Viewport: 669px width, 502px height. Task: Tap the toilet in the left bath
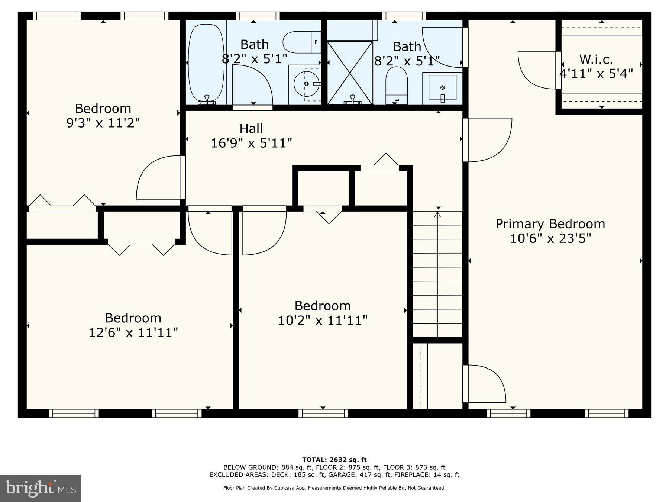click(301, 42)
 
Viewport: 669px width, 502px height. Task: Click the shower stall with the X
click(350, 73)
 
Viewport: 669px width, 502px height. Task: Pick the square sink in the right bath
click(442, 88)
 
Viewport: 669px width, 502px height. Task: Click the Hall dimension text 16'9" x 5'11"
click(251, 143)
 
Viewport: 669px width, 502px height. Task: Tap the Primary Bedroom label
click(550, 224)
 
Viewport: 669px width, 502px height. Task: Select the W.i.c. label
click(596, 59)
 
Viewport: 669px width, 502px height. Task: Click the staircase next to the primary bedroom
click(437, 273)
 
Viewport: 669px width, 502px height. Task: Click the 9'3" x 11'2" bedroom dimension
click(103, 123)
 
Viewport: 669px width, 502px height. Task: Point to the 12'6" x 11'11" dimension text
click(133, 332)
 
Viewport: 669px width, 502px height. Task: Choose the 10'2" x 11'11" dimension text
click(323, 320)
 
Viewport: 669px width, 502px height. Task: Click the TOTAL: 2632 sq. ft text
click(334, 460)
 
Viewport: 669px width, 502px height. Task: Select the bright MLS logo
click(41, 488)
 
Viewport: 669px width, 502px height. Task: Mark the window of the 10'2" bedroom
click(323, 413)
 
